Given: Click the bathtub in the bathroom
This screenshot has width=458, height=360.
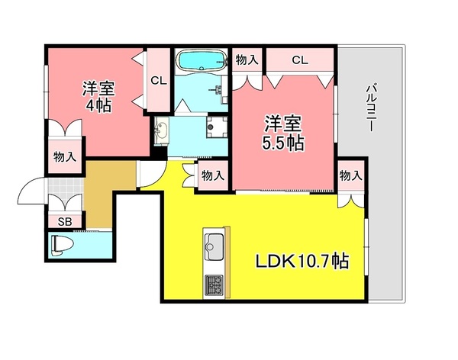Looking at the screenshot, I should coord(201,59).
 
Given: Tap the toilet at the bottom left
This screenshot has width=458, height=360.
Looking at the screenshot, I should coord(61,246).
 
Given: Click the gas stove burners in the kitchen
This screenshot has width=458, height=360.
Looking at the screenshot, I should coord(213,286).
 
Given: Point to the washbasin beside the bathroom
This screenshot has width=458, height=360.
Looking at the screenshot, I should coord(162,132).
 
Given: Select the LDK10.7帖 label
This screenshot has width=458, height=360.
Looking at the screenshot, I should coord(302,261).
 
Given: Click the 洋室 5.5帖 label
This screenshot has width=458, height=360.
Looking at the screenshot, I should coord(284,132).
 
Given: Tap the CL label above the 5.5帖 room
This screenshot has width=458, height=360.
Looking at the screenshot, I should coord(299,59).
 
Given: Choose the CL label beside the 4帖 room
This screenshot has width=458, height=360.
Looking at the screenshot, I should coord(159,80).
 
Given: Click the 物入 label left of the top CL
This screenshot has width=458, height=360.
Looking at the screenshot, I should coord(246,59).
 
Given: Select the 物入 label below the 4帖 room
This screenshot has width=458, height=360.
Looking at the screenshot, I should coord(65,157).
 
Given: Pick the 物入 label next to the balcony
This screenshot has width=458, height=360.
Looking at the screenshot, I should coord(350,176).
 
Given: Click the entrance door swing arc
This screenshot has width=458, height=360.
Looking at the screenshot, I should coord(29,191).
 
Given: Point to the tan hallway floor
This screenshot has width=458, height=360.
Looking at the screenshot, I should coord(98,194).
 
